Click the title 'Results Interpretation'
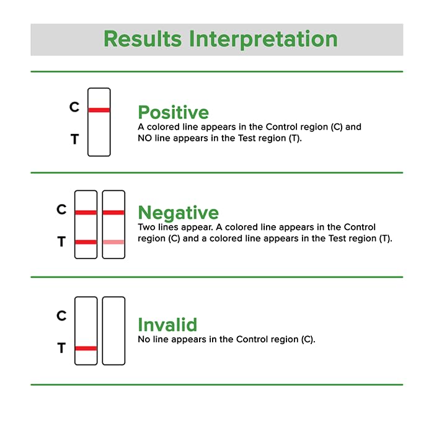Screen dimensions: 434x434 click(220, 38)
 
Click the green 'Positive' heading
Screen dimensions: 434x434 click(173, 112)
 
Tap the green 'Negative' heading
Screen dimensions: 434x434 click(178, 213)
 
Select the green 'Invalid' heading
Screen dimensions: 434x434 click(167, 325)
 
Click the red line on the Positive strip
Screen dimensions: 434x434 click(99, 110)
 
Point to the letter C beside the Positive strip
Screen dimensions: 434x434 click(74, 107)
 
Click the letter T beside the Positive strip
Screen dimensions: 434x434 click(74, 140)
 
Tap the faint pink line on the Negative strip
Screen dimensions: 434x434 click(113, 242)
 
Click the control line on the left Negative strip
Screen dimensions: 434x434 click(86, 213)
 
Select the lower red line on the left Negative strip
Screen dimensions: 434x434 click(86, 242)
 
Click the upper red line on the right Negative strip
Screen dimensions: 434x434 click(113, 213)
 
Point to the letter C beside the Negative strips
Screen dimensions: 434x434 click(61, 210)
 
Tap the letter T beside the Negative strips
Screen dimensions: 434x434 click(61, 242)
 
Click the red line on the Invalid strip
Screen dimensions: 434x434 click(86, 348)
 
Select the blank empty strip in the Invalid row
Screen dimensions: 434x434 click(113, 330)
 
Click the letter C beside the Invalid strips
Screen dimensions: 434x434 click(61, 316)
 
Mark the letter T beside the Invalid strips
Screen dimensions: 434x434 click(61, 349)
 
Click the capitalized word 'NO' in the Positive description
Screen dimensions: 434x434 click(144, 138)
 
